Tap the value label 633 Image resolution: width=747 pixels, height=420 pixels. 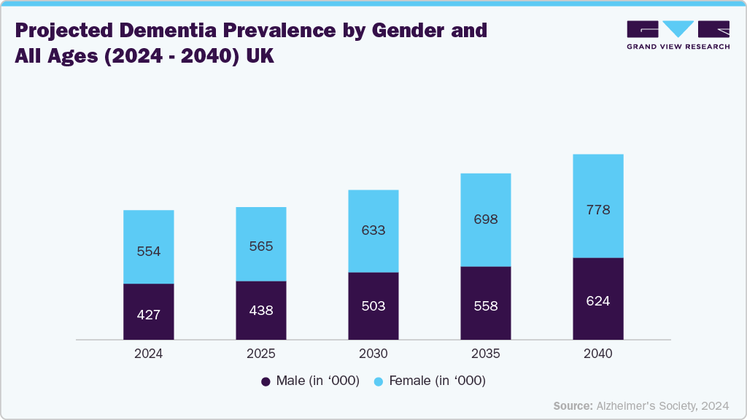(x=373, y=230)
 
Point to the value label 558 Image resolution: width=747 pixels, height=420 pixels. (x=486, y=306)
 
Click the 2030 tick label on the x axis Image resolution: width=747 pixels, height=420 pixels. (x=373, y=354)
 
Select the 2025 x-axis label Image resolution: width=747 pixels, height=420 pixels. (x=261, y=354)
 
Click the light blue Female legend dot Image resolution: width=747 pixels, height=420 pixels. (x=378, y=381)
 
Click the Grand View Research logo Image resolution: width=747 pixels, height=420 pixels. (x=678, y=35)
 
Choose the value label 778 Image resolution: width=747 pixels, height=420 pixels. (x=598, y=210)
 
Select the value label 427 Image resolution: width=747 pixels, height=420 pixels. (x=149, y=315)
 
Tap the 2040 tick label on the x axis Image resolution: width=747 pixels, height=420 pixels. (x=598, y=354)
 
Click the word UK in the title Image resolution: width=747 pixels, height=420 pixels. (x=259, y=57)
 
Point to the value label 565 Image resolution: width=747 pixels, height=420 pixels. (x=261, y=246)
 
